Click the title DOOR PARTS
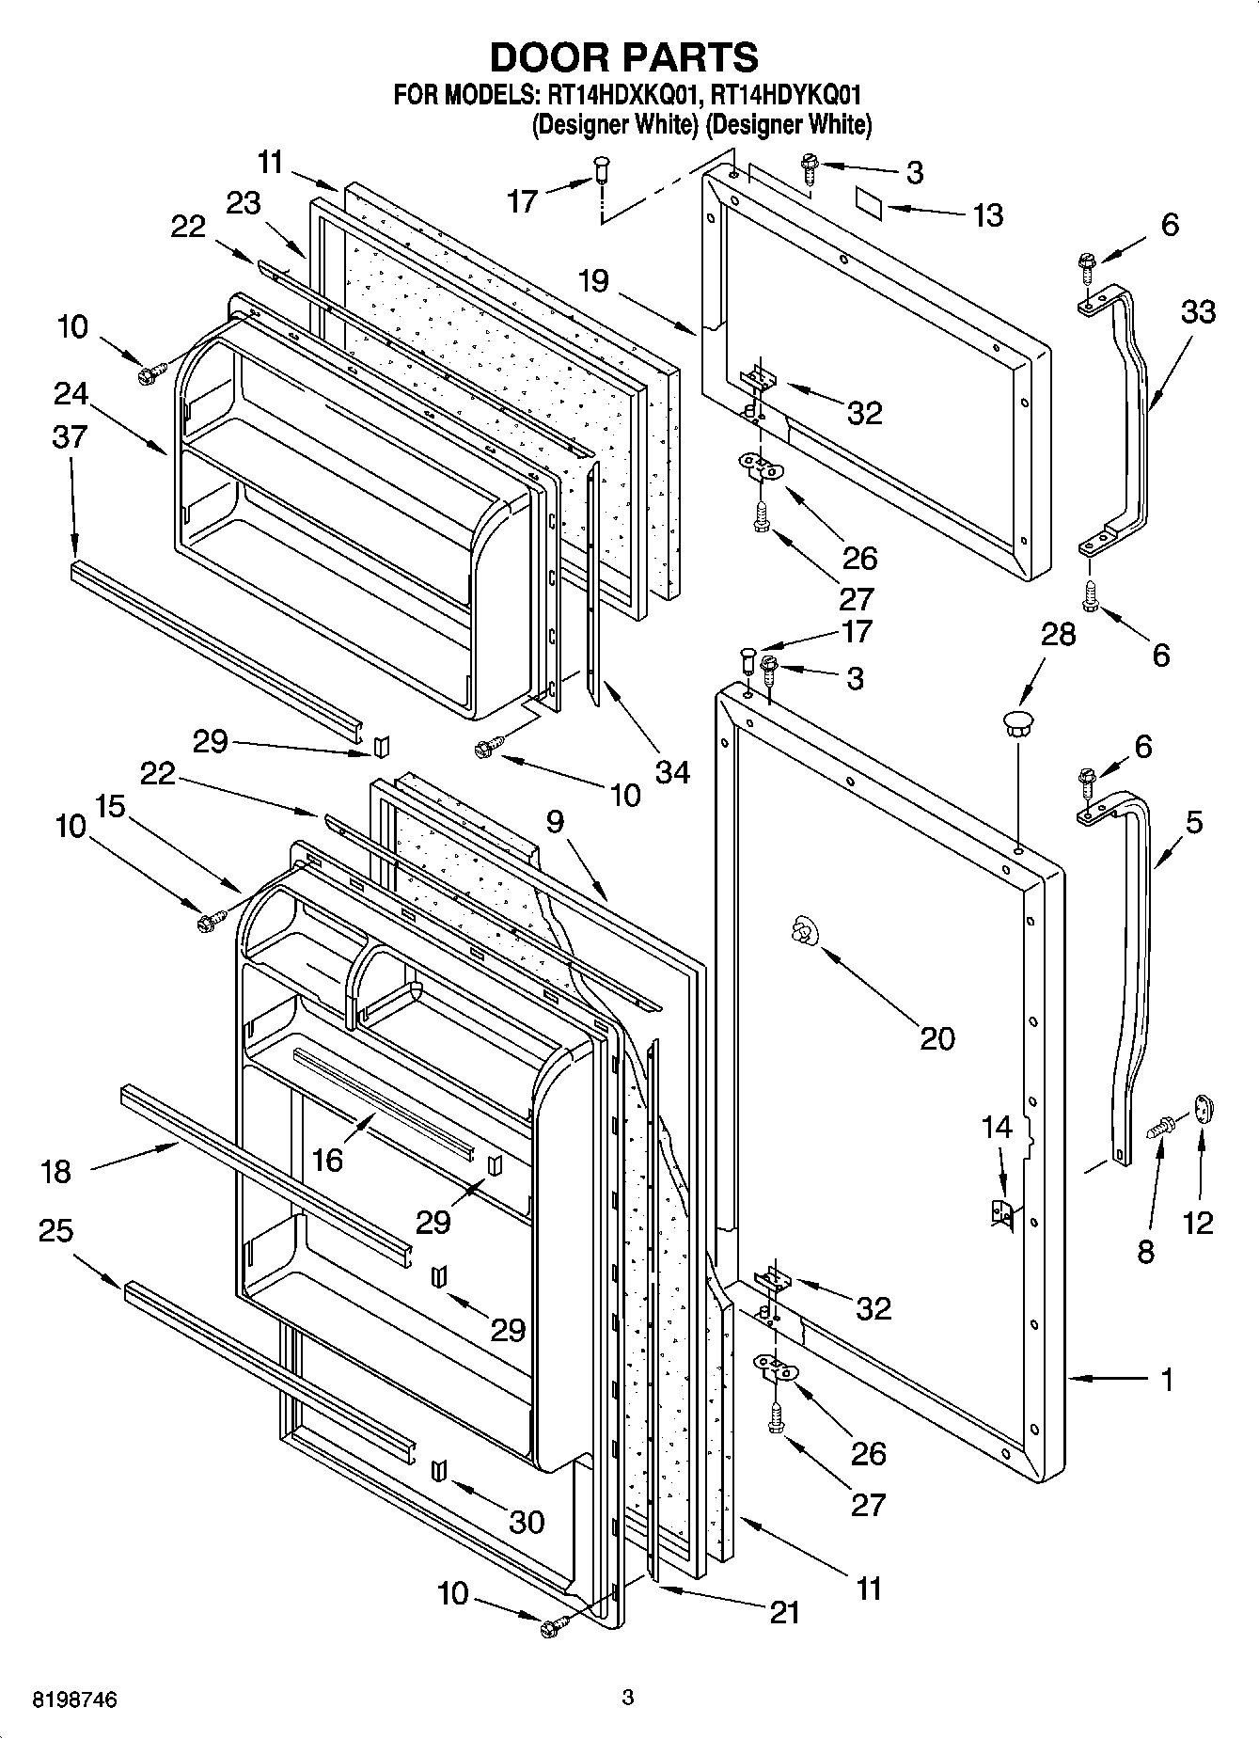click(x=623, y=57)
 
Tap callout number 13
click(x=987, y=215)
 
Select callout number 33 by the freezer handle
click(x=1197, y=311)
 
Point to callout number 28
click(x=1058, y=635)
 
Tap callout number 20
click(x=937, y=1038)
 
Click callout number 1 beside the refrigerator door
click(x=1167, y=1380)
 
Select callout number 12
click(x=1198, y=1223)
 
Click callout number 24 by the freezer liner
click(x=71, y=393)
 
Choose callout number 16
click(x=326, y=1160)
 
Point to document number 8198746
click(x=75, y=1700)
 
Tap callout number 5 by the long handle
click(x=1193, y=823)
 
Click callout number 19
click(x=593, y=280)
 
